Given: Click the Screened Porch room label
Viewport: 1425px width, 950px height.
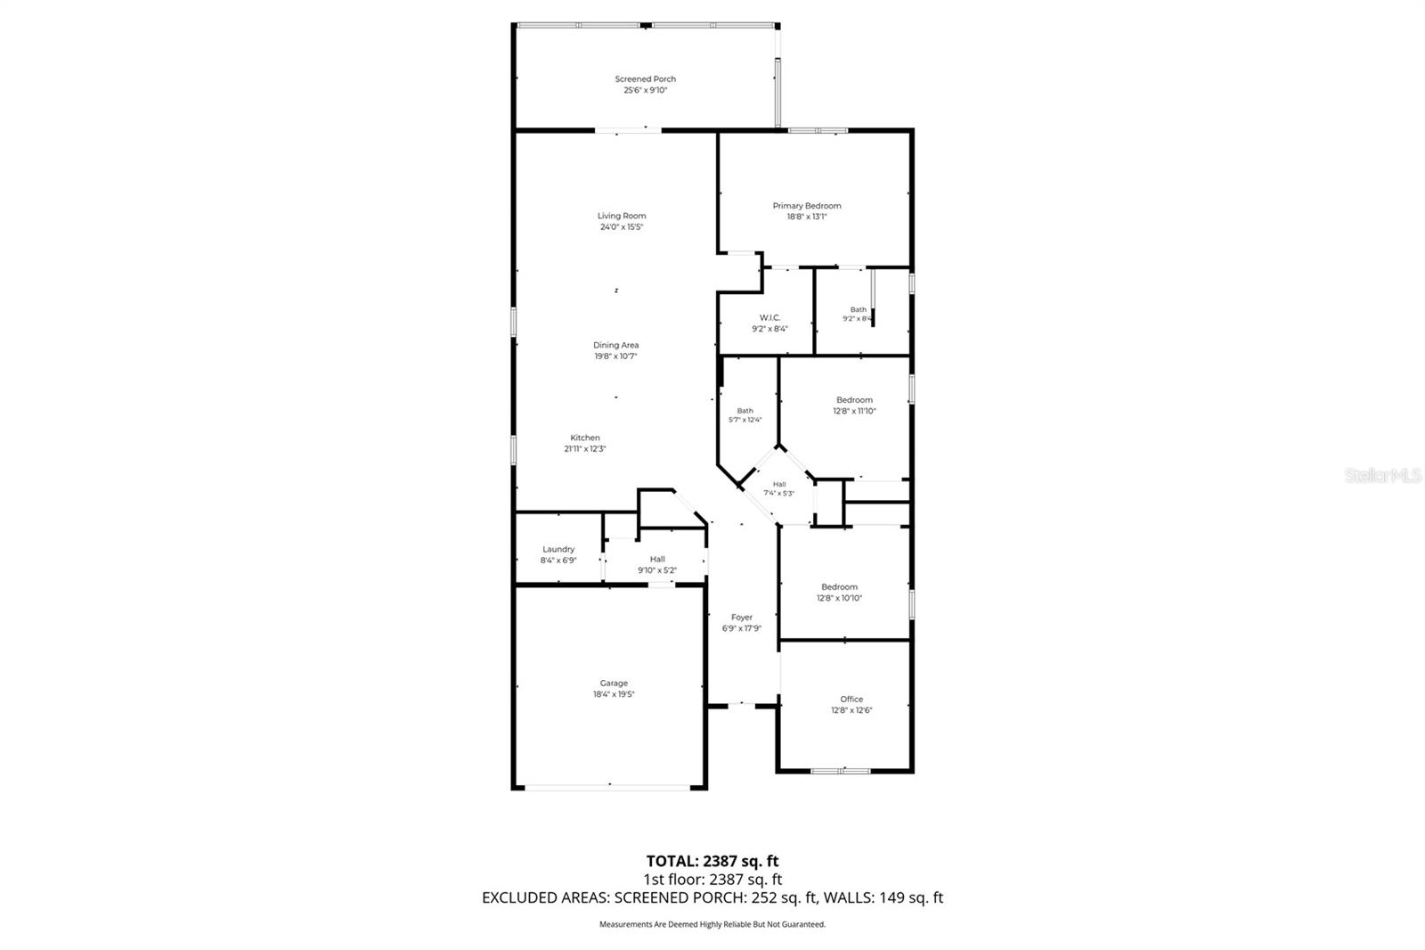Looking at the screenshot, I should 645,79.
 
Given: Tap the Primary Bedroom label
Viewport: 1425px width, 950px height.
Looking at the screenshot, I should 806,206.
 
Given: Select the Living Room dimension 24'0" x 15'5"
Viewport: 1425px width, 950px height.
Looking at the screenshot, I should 622,227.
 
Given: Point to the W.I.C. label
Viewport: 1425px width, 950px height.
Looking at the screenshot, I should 769,318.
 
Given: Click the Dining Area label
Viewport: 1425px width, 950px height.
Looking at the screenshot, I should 615,346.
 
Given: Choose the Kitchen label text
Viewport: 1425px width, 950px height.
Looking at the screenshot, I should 585,438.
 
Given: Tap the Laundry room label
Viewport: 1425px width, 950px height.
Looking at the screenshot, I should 558,550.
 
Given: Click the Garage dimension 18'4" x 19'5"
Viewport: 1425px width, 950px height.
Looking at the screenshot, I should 614,694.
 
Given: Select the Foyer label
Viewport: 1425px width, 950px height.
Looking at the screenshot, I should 742,618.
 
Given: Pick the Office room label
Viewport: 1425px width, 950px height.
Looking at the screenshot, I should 851,700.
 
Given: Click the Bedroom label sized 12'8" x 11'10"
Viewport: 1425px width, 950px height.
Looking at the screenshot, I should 854,400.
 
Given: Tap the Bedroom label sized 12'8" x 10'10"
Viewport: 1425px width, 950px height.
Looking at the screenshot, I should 839,587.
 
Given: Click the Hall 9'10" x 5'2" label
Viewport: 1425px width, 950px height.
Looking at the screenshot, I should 657,560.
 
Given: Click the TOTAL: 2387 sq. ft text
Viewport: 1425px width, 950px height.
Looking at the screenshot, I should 712,861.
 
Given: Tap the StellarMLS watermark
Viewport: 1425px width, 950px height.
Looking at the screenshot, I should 1382,476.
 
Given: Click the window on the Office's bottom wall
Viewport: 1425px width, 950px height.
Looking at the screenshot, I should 841,770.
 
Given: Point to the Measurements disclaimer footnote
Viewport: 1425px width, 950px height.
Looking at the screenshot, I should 712,924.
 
